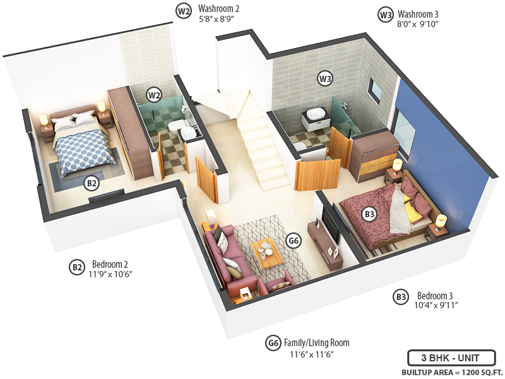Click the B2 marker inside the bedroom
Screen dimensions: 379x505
(92, 184)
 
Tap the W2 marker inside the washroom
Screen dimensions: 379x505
(153, 95)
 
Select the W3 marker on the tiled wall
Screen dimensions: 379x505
(325, 79)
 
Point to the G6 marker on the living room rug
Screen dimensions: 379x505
(293, 241)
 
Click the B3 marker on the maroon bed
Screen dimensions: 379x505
(370, 215)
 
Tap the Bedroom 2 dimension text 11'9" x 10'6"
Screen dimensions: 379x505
(112, 274)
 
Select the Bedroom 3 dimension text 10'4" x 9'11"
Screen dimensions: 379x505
(437, 306)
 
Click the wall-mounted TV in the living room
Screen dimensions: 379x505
(331, 224)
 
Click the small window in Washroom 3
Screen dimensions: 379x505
(375, 91)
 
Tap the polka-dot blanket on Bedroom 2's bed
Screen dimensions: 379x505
(82, 149)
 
